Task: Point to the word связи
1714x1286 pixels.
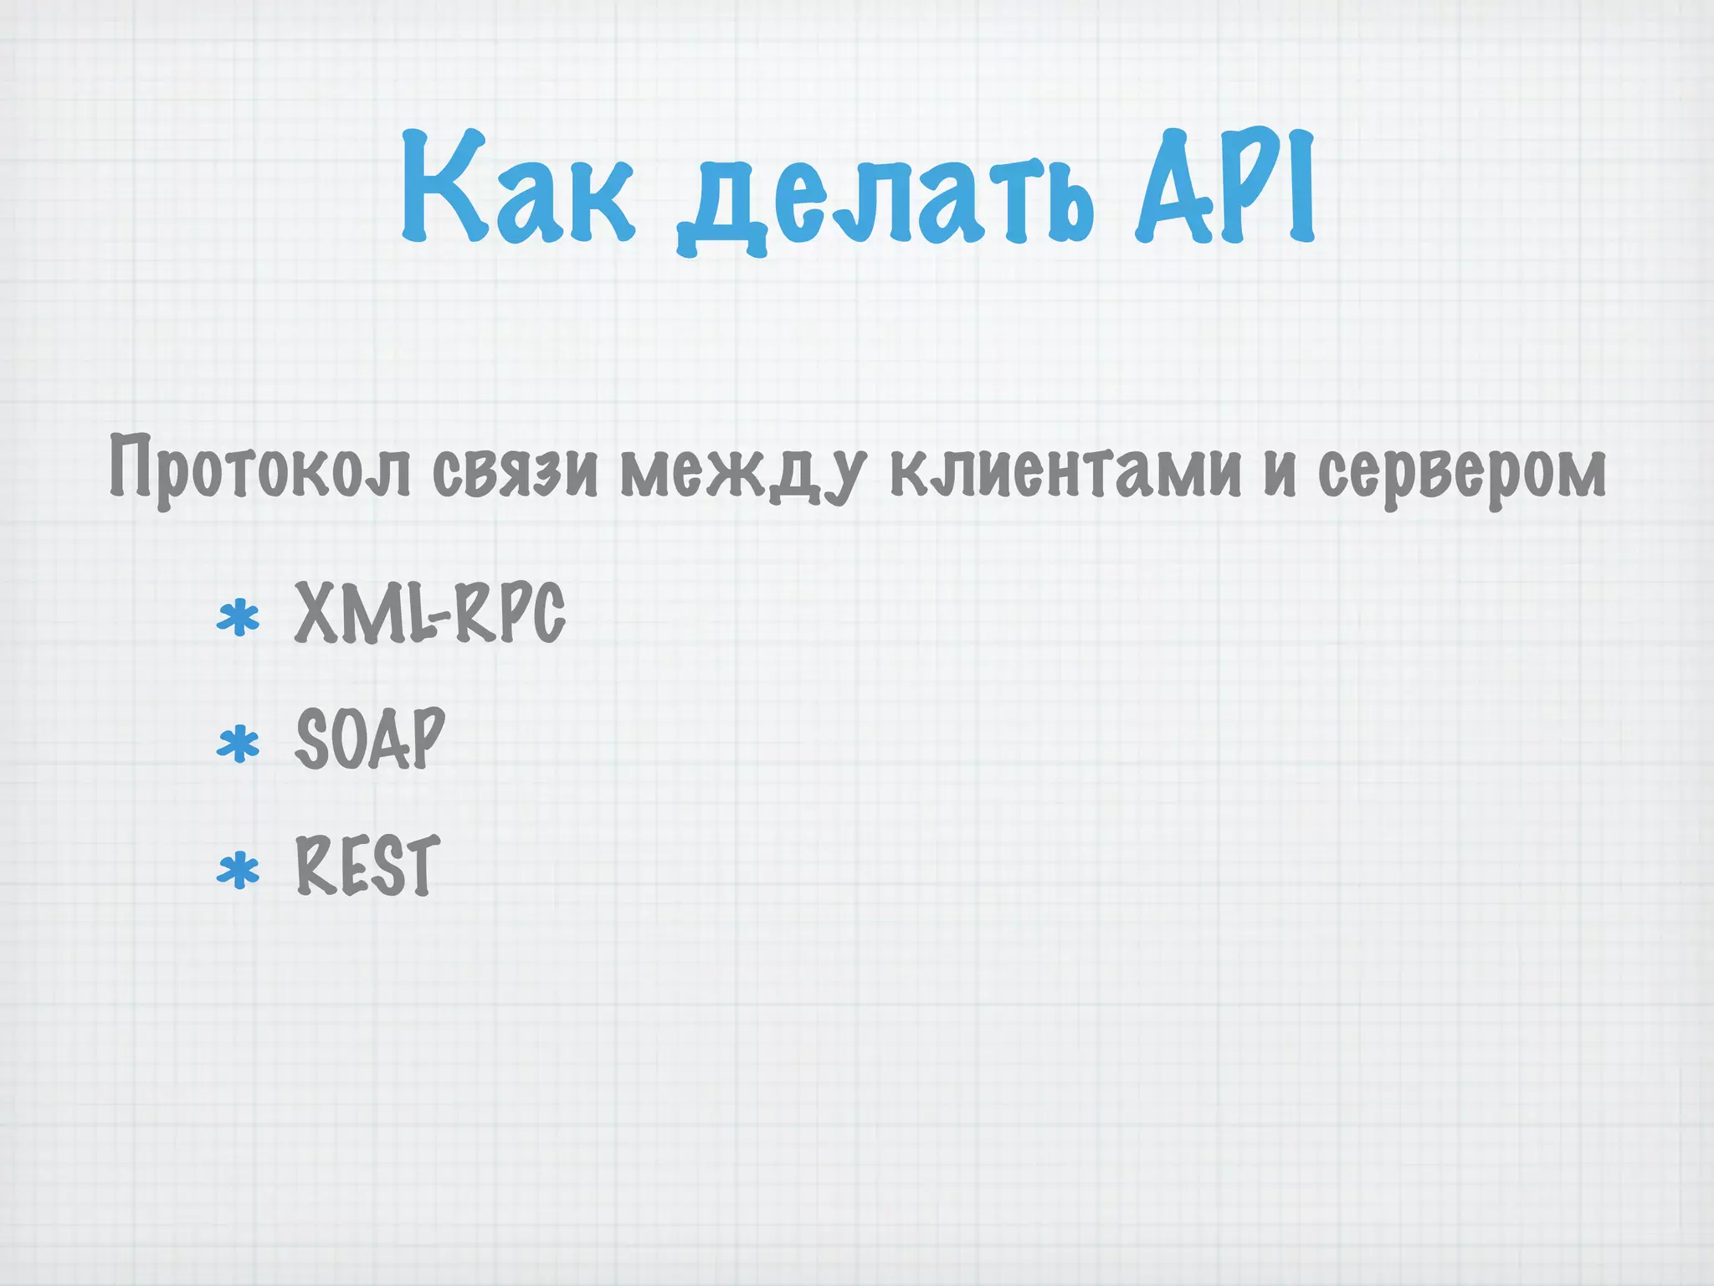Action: pyautogui.click(x=515, y=471)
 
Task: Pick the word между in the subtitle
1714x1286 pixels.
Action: pyautogui.click(x=740, y=474)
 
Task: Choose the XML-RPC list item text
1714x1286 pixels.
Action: pyautogui.click(x=429, y=614)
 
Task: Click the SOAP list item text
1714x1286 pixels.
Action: pyautogui.click(x=369, y=738)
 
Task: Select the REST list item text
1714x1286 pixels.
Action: pyautogui.click(x=367, y=867)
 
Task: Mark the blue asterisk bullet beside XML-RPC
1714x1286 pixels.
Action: pyautogui.click(x=238, y=620)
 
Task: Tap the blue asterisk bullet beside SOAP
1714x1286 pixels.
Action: pyautogui.click(x=238, y=744)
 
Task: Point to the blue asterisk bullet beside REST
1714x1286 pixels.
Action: pyautogui.click(x=238, y=871)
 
